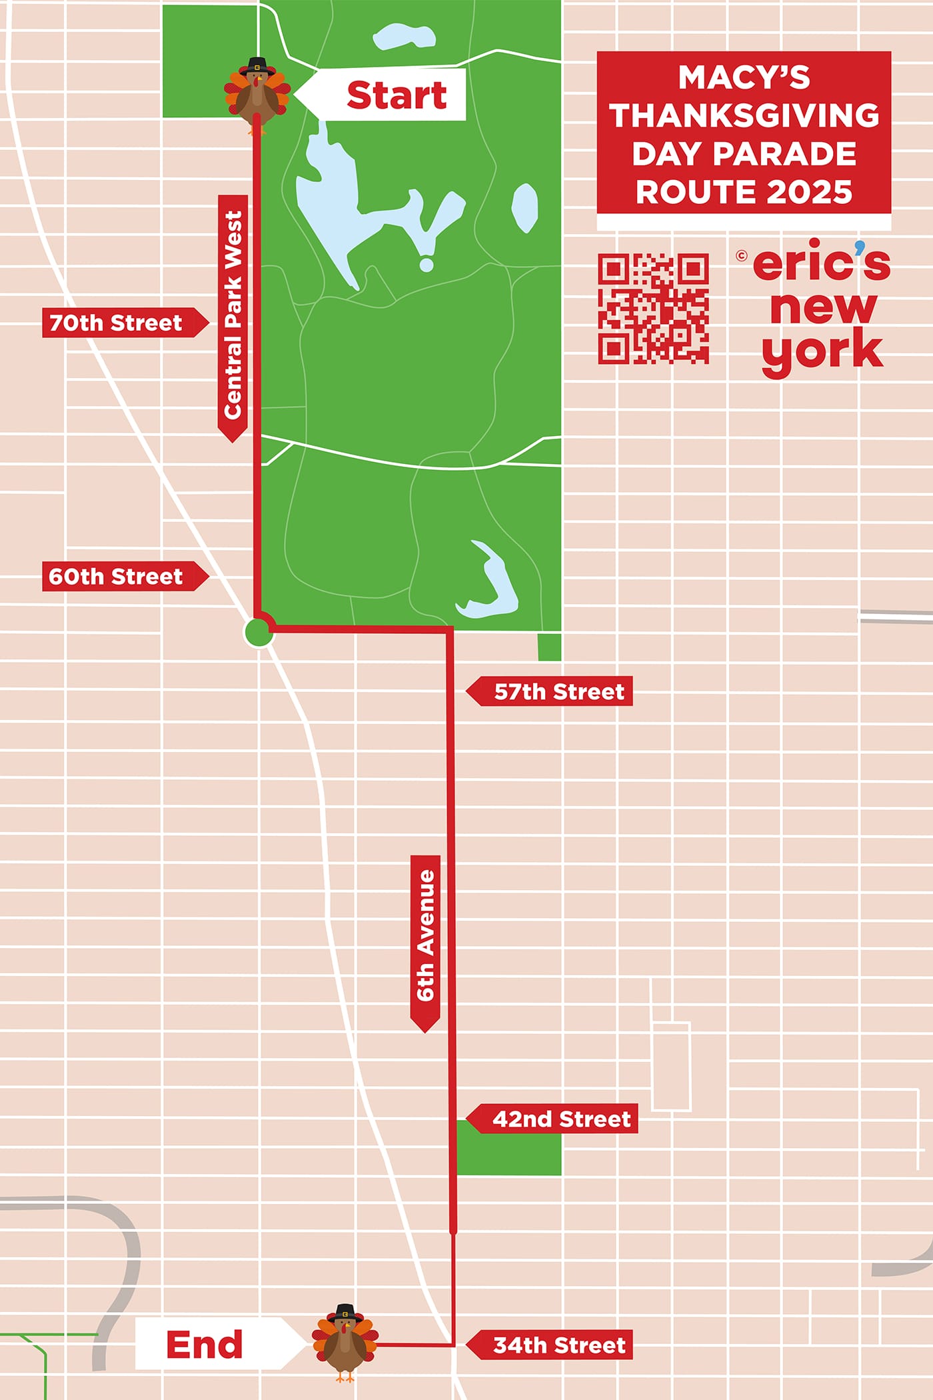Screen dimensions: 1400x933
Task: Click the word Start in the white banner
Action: click(x=397, y=95)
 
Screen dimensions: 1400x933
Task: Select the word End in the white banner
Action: click(x=205, y=1345)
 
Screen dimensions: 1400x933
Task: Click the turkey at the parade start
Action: click(x=257, y=95)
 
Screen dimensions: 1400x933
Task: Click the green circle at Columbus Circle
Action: click(x=259, y=632)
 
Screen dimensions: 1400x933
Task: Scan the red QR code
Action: click(x=653, y=308)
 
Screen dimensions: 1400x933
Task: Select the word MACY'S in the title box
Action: click(x=744, y=77)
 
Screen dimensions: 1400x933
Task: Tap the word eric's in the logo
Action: click(x=821, y=263)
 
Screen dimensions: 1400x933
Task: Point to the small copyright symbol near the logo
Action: click(x=742, y=255)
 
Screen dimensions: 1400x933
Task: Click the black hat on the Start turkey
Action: click(x=257, y=67)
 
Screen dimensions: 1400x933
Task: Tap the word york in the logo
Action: click(x=822, y=351)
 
